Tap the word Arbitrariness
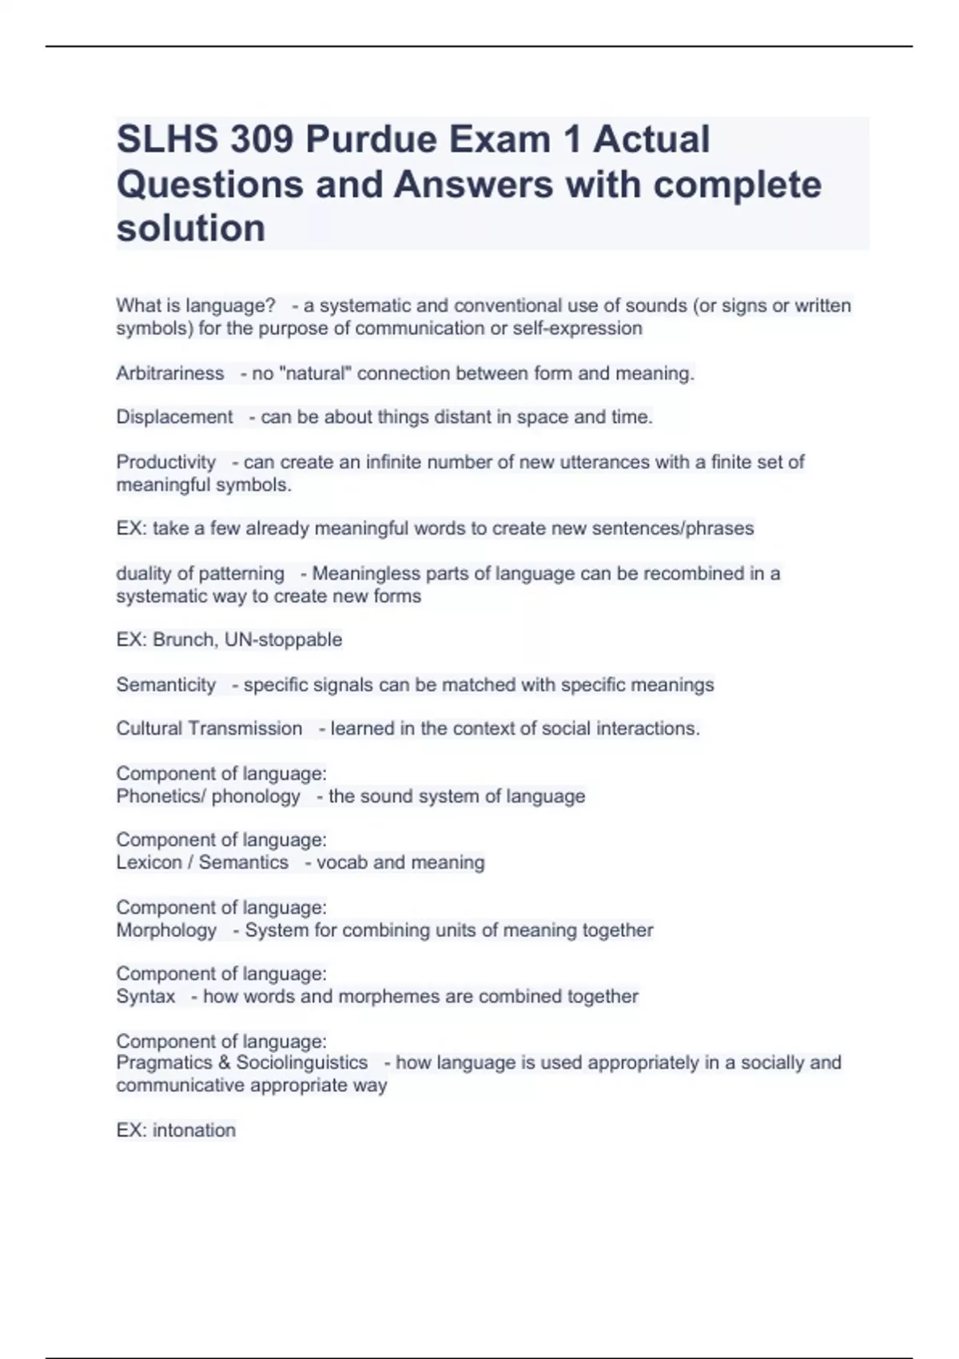170,373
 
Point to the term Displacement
174,417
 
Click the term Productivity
166,462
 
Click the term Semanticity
166,685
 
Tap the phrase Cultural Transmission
209,728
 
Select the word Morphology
166,931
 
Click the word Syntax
145,997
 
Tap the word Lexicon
149,863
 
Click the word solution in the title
191,229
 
